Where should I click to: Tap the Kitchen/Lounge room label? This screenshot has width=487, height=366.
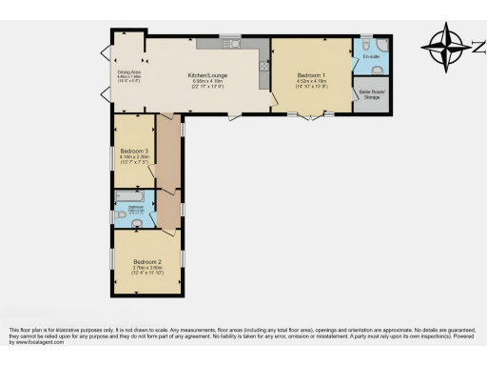point(206,74)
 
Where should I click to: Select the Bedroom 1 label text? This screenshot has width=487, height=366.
point(311,74)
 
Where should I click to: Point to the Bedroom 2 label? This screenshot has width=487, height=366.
point(147,262)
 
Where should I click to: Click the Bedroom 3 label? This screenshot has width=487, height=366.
point(134,151)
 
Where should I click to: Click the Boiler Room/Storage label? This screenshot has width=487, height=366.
point(370,94)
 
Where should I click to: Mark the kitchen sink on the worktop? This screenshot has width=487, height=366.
point(230,42)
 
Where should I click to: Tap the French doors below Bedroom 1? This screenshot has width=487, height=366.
point(311,116)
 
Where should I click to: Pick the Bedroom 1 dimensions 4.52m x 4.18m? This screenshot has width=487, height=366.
point(311,81)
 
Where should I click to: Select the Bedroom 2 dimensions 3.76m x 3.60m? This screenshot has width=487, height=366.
point(147,268)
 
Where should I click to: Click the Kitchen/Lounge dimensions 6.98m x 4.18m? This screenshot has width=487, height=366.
point(206,81)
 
